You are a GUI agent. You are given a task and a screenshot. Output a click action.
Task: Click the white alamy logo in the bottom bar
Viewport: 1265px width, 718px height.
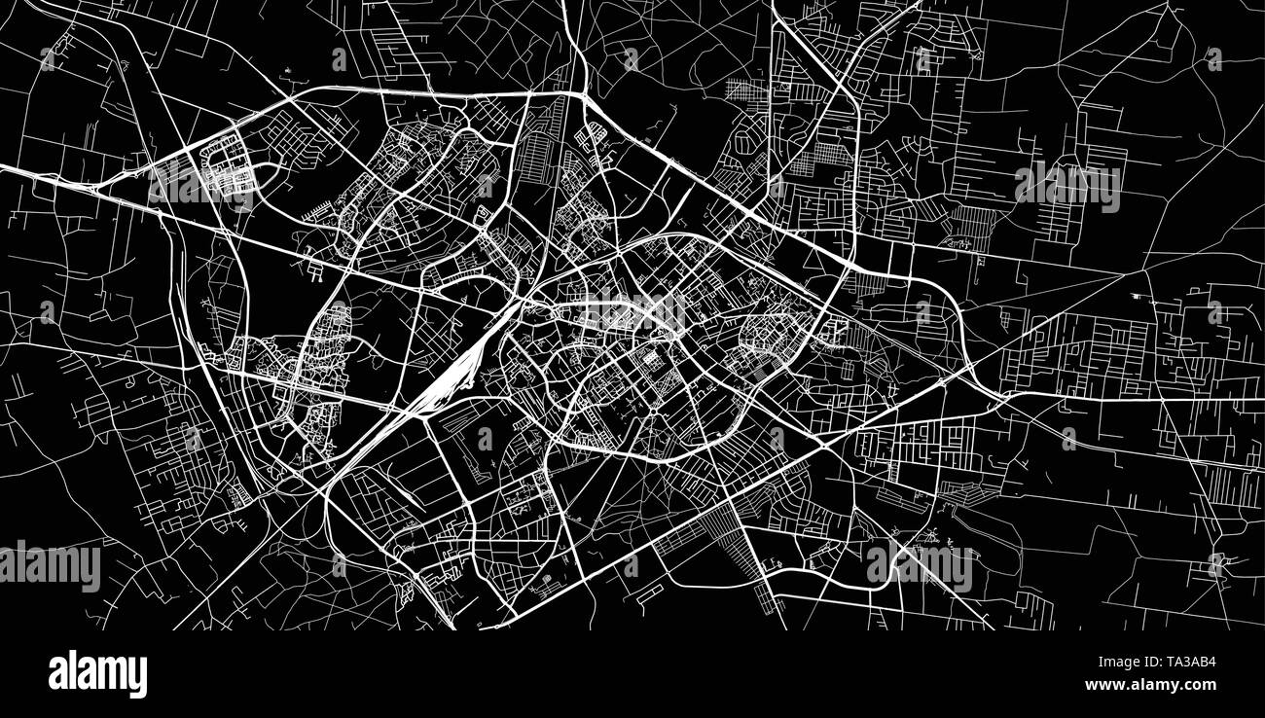coord(97,674)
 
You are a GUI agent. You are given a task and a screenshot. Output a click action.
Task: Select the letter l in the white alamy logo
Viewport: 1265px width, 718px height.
coord(70,672)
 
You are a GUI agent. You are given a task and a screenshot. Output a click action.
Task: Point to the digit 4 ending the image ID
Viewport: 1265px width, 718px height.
coord(1211,662)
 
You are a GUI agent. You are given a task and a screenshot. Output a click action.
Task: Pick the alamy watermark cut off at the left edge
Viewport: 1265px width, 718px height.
coord(49,567)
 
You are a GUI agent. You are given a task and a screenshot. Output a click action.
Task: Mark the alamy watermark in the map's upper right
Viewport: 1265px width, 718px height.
coord(1066,186)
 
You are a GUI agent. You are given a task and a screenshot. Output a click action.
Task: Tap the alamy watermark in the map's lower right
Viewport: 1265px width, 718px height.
coord(919,567)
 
